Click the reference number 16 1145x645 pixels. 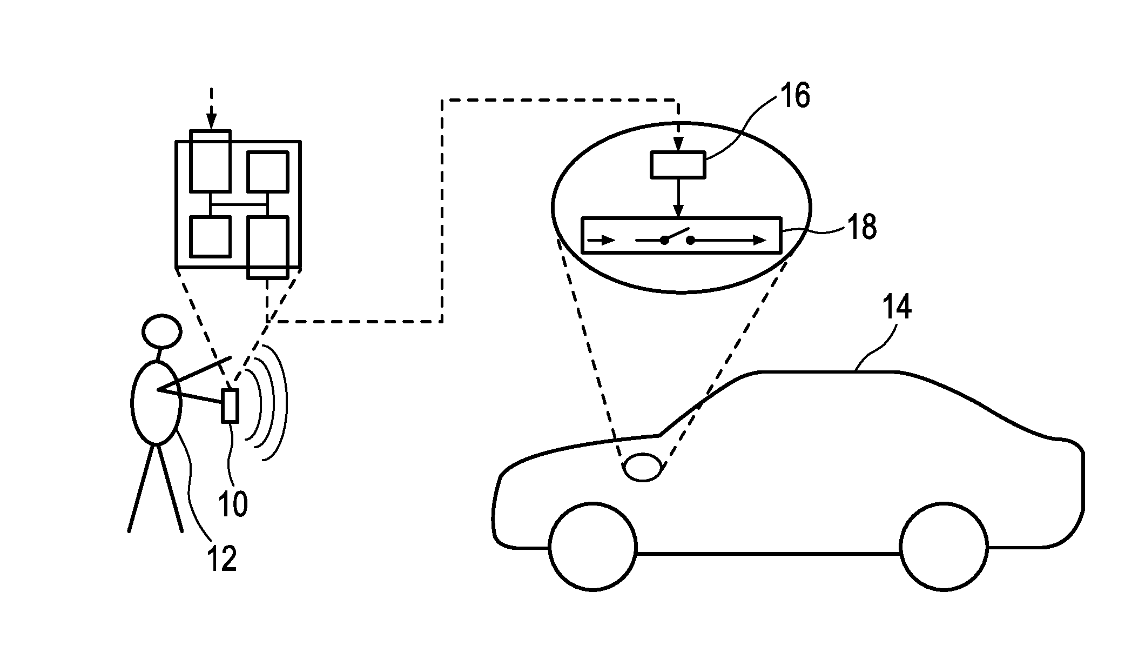pyautogui.click(x=794, y=96)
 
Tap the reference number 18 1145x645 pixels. pyautogui.click(x=862, y=227)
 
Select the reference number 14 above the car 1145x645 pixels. pyautogui.click(x=897, y=307)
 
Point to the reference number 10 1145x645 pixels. pyautogui.click(x=233, y=504)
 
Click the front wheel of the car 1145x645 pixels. pyautogui.click(x=592, y=546)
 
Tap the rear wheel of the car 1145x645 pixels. pyautogui.click(x=944, y=546)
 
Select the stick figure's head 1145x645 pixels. pyautogui.click(x=161, y=331)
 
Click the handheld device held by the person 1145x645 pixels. pyautogui.click(x=230, y=405)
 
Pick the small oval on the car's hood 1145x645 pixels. pyautogui.click(x=643, y=467)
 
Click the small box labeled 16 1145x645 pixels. pyautogui.click(x=678, y=165)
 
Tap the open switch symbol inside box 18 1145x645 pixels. pyautogui.click(x=677, y=237)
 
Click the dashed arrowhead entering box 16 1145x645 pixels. pyautogui.click(x=679, y=145)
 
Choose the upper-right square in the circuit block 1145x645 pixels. pyautogui.click(x=267, y=171)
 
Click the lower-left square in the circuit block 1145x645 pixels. pyautogui.click(x=211, y=236)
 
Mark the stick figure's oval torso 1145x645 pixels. pyautogui.click(x=156, y=403)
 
